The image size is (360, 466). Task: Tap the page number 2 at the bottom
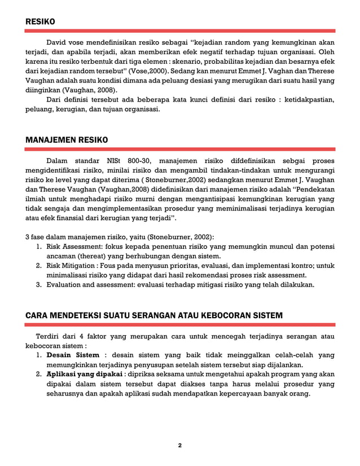click(180, 445)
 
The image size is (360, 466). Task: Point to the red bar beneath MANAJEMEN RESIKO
click(180, 150)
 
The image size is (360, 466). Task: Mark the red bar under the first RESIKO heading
click(180, 31)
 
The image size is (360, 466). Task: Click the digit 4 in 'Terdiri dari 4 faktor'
click(81, 337)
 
